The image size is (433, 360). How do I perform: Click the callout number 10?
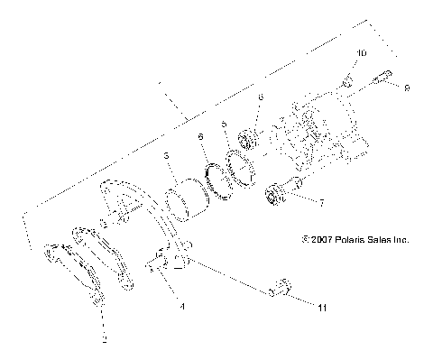pos(361,54)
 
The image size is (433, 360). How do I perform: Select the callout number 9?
pos(407,88)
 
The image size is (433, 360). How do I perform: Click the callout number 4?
pos(183,307)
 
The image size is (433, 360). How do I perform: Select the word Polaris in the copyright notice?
pos(340,241)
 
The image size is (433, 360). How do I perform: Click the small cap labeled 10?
pos(346,83)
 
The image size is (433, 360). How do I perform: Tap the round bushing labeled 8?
pos(246,140)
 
